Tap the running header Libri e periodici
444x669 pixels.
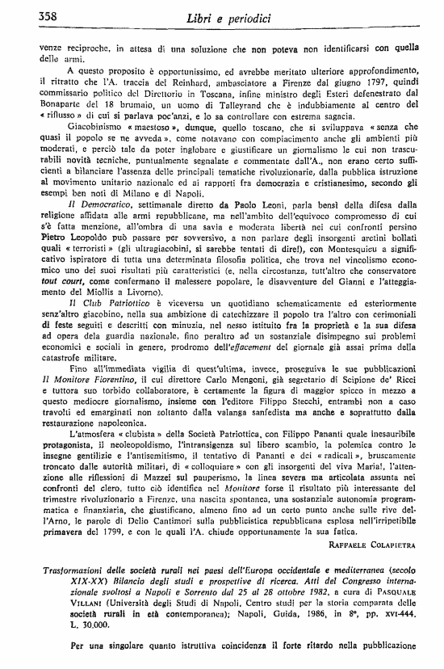tap(219, 17)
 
